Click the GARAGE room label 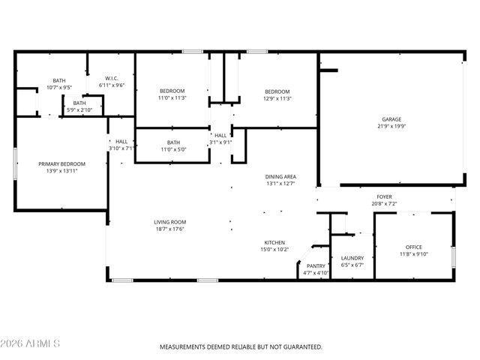pyautogui.click(x=391, y=119)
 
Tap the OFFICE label pyautogui.click(x=414, y=247)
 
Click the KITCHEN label pyautogui.click(x=274, y=242)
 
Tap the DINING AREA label pyautogui.click(x=280, y=176)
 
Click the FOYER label pyautogui.click(x=384, y=196)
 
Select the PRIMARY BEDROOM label pyautogui.click(x=62, y=164)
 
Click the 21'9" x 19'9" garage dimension pyautogui.click(x=391, y=127)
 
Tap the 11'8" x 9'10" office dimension pyautogui.click(x=414, y=254)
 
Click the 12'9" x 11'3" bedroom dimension pyautogui.click(x=277, y=98)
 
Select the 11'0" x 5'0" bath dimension pyautogui.click(x=173, y=149)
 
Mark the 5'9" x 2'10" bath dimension pyautogui.click(x=79, y=110)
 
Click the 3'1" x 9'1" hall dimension pyautogui.click(x=221, y=142)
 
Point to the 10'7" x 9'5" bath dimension pyautogui.click(x=58, y=88)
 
